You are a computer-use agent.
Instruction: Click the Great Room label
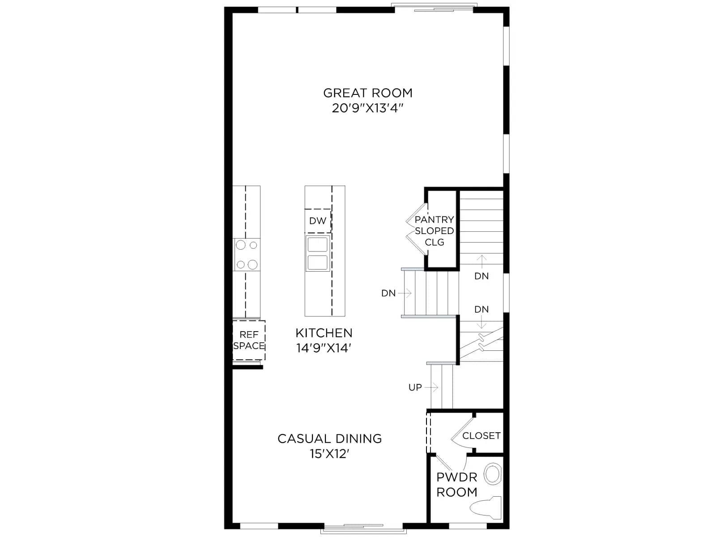click(x=368, y=93)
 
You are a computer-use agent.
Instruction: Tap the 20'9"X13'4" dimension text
click(x=368, y=108)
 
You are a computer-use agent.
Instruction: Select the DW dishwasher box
click(x=318, y=221)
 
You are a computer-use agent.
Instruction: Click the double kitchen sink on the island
click(x=317, y=253)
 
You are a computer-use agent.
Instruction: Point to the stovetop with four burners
click(x=247, y=254)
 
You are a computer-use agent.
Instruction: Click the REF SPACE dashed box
click(x=248, y=340)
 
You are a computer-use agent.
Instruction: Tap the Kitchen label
click(x=324, y=333)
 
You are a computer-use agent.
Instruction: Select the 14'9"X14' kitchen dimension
click(x=324, y=348)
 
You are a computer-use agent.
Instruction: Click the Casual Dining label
click(x=329, y=439)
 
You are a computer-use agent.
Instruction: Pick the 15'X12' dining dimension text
click(x=329, y=453)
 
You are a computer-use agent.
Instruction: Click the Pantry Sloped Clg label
click(x=434, y=231)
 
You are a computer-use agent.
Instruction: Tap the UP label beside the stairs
click(x=415, y=388)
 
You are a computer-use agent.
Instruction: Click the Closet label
click(x=481, y=435)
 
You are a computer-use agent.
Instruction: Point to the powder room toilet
click(x=486, y=508)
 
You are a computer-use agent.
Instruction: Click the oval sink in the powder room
click(x=492, y=474)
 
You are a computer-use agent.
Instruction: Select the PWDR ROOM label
click(x=457, y=485)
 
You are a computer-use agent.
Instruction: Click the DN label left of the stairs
click(x=388, y=294)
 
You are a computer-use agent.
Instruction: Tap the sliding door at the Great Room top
click(x=434, y=8)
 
